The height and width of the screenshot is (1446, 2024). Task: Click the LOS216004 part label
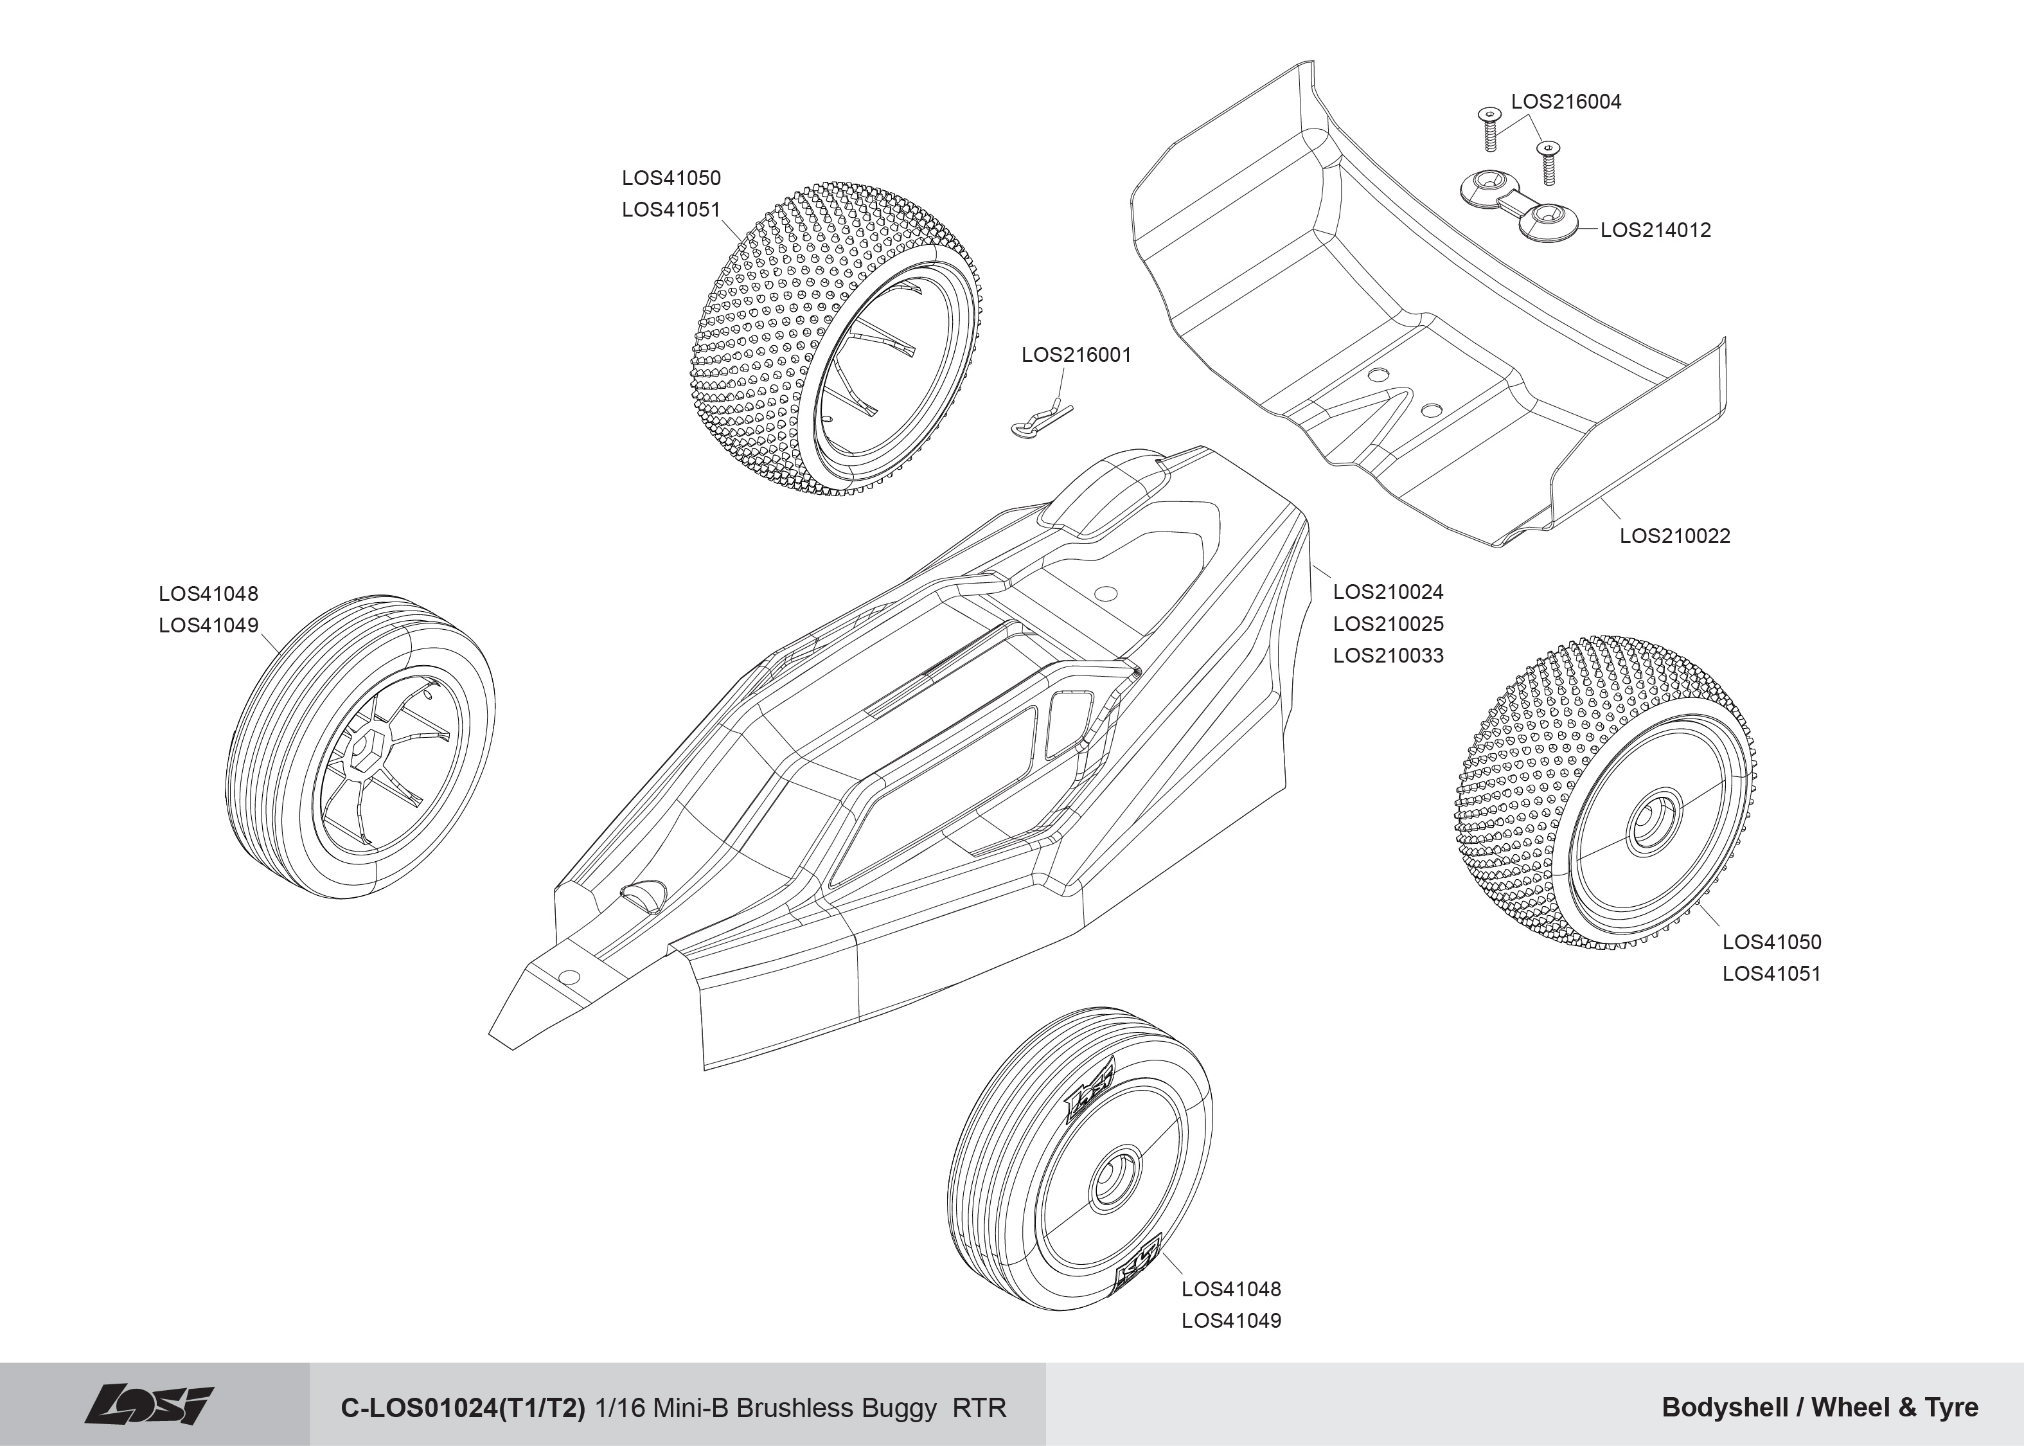point(1566,102)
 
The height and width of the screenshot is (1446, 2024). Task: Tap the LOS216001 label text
point(1076,355)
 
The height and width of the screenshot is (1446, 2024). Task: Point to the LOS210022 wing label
point(1674,536)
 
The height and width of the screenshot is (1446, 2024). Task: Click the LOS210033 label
point(1388,656)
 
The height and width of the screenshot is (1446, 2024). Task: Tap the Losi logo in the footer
point(150,1405)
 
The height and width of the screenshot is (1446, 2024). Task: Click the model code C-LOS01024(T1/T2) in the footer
point(463,1407)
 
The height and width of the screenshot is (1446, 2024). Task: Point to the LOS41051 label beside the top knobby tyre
point(670,210)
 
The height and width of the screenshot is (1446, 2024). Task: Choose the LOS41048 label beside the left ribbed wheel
point(208,594)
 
